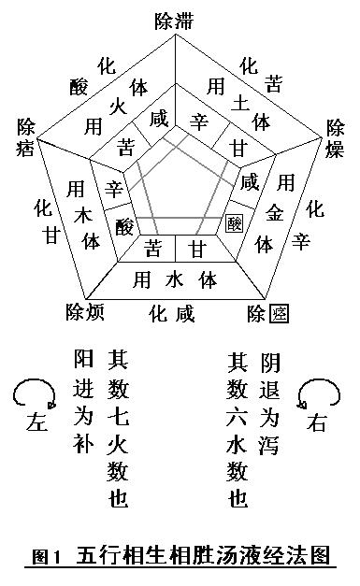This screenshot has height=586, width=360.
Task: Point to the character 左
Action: click(37, 423)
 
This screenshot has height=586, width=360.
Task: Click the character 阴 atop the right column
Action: click(270, 360)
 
